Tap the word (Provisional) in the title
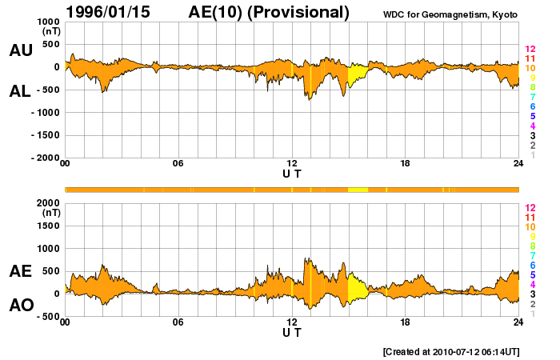coord(300,12)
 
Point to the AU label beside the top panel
coord(21,50)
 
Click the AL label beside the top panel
coord(21,91)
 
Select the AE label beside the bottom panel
coord(21,271)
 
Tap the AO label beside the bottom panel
coord(21,306)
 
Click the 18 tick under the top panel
coord(406,164)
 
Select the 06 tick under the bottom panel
coord(178,322)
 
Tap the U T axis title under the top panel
coord(292,174)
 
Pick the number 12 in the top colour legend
coord(530,50)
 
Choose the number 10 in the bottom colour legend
coord(530,227)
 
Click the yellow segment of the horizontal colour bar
coord(358,189)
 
